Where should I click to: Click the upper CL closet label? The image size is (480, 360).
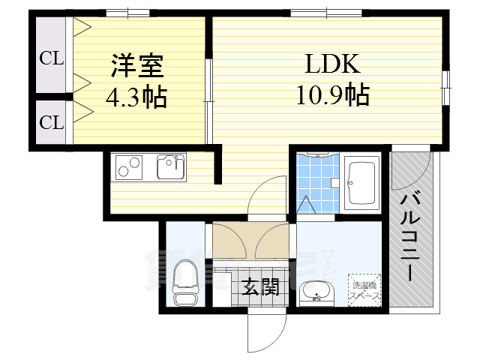52,58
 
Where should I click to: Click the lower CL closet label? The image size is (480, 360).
52,122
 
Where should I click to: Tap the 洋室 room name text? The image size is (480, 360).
137,66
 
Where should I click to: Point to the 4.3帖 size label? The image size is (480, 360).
136,97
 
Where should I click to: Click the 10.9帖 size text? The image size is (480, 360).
331,95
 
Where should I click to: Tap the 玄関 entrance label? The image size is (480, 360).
260,286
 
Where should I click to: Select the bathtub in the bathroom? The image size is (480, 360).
364,183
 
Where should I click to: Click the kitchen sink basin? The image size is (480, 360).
171,166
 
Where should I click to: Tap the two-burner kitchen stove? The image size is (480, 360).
129,166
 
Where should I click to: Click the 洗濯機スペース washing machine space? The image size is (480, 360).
364,289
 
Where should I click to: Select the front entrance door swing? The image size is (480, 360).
266,330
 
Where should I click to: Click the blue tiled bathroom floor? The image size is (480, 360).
315,180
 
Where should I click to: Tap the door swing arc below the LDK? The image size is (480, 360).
268,196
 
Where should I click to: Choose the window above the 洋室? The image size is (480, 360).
127,12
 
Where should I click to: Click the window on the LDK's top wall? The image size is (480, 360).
315,12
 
